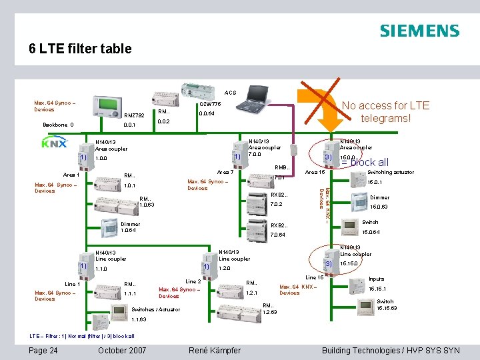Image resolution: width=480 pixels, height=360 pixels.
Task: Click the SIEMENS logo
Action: [419, 31]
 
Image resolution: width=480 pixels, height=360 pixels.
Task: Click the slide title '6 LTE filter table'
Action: [80, 49]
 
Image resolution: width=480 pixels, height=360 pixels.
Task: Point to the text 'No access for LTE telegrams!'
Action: [385, 112]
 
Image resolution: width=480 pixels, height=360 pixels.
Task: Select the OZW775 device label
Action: [210, 104]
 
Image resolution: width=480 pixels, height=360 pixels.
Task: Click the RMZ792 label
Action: [135, 115]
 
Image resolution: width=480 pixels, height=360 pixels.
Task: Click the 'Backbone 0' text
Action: [57, 125]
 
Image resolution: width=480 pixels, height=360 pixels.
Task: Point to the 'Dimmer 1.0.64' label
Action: [130, 227]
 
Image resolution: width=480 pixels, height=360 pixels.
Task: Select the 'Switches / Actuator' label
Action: [155, 309]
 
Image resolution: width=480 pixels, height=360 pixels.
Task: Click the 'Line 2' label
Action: [193, 281]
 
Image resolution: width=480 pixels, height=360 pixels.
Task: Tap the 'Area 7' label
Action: [225, 173]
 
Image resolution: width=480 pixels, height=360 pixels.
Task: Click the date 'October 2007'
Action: [122, 350]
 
